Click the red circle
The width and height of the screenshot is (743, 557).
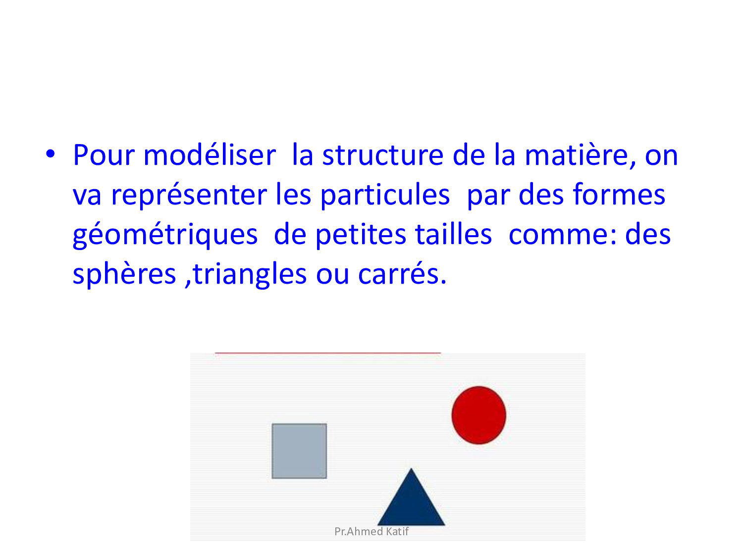478,415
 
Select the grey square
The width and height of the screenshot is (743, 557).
299,451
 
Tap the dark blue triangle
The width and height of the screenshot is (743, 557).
411,497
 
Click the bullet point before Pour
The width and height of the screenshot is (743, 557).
50,154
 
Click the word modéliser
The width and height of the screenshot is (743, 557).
210,155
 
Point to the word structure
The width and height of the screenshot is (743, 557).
383,155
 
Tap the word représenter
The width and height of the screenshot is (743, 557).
189,196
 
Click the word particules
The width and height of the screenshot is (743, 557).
385,195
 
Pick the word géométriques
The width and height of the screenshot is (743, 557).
165,235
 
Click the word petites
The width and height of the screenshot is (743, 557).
361,235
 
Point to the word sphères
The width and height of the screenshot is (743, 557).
124,275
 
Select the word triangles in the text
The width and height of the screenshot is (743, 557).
250,275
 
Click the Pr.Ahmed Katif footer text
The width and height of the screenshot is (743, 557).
371,531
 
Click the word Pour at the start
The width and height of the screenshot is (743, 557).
104,155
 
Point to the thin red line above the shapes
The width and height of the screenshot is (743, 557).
328,353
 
